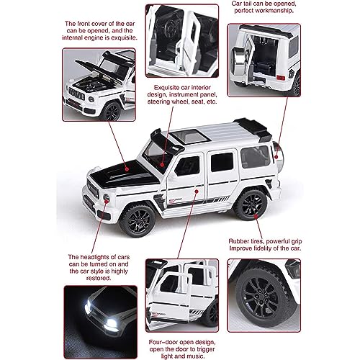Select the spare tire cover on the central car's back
pyautogui.click(x=278, y=152)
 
